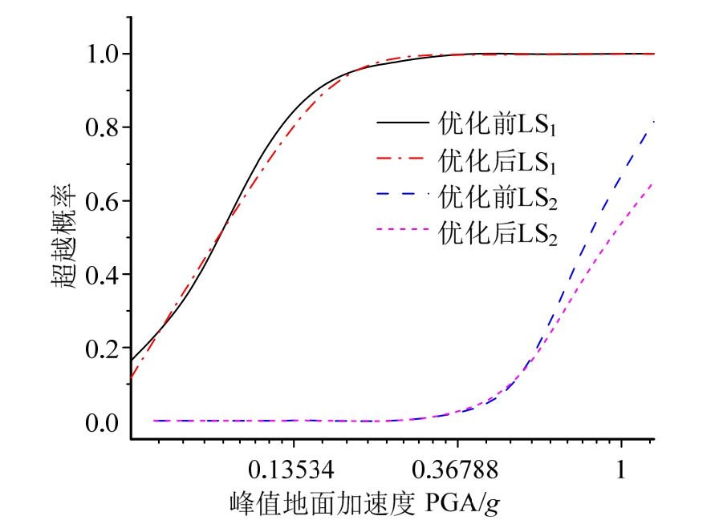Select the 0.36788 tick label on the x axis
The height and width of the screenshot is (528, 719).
[x=458, y=469]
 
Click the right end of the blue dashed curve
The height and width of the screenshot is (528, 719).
[x=653, y=122]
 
